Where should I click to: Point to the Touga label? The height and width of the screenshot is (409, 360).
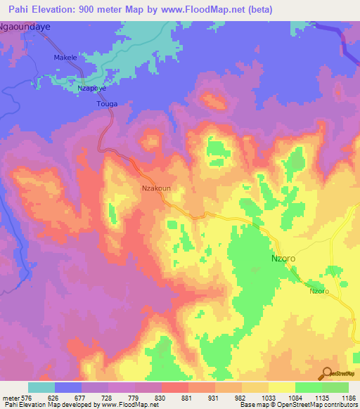tap(106, 104)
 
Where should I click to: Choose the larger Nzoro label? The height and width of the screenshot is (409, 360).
tap(283, 259)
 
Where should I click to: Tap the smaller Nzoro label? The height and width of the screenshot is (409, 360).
tap(319, 291)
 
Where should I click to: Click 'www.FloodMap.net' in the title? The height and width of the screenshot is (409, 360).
tap(208, 10)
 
